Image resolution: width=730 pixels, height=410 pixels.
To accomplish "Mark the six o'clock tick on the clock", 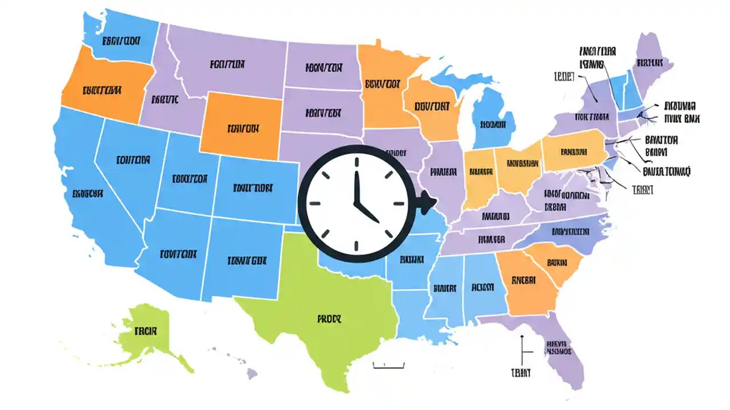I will tap(356, 245).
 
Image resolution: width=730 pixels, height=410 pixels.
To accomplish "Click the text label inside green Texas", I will tap(328, 319).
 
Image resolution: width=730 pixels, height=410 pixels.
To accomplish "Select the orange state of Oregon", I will tap(103, 89).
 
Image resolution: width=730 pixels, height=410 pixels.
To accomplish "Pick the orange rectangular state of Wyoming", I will tap(242, 128).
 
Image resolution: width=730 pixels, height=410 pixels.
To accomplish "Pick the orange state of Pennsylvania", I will tap(573, 152).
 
